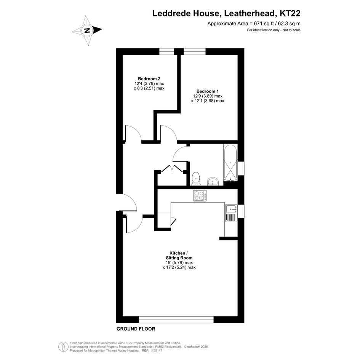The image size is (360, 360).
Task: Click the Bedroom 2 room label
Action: tap(149, 79)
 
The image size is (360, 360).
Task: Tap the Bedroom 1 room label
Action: tap(208, 91)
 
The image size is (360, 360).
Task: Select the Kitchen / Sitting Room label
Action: tap(179, 256)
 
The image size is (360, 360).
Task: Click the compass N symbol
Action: tap(87, 30)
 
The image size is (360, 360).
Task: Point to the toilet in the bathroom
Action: tap(196, 179)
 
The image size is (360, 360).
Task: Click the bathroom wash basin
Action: tap(213, 182)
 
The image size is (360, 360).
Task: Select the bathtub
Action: tap(230, 163)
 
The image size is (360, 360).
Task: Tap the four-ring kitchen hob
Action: tap(200, 196)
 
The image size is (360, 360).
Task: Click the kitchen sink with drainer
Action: tap(231, 213)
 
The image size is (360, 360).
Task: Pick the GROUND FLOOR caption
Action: tap(136, 329)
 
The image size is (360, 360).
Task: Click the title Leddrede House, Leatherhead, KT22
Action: tap(226, 13)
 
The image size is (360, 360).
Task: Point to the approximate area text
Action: tap(254, 23)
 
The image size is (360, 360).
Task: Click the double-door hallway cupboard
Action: tap(172, 177)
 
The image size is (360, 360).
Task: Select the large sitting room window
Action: tap(176, 319)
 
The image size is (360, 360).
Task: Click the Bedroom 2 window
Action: tap(167, 52)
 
